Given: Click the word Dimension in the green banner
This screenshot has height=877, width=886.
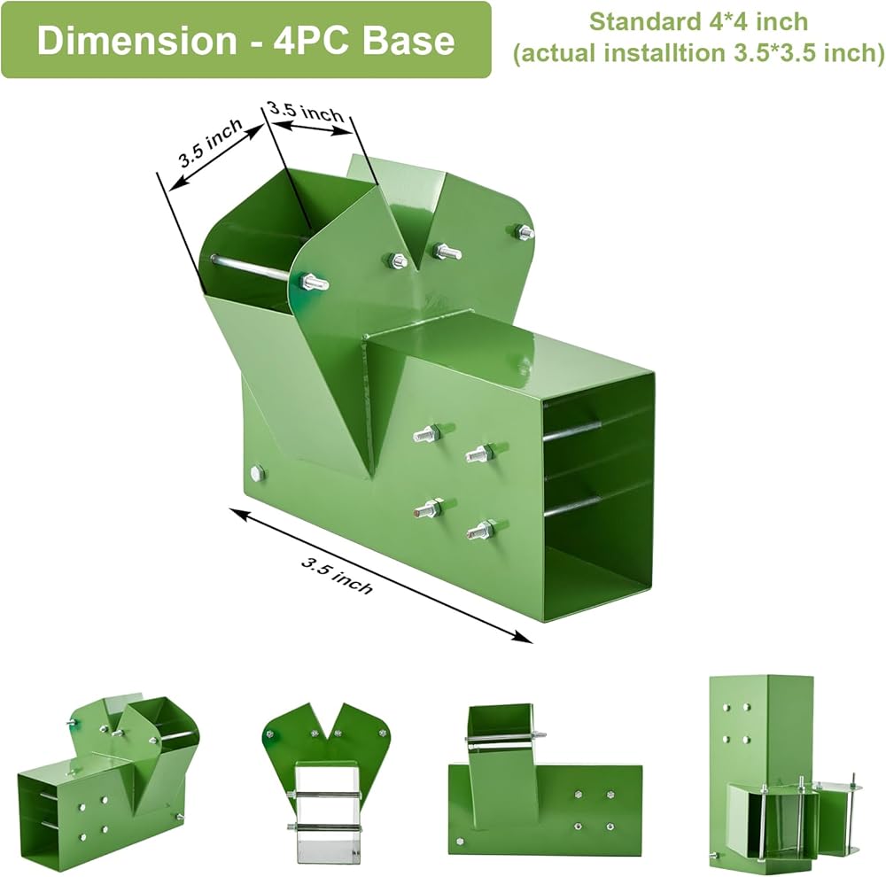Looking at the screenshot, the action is tap(136, 41).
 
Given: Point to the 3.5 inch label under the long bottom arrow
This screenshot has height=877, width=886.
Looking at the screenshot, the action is tap(337, 577).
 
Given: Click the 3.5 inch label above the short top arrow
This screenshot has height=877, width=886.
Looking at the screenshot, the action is tap(307, 110).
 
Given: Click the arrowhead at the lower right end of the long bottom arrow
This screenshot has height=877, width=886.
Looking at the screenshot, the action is tap(524, 637).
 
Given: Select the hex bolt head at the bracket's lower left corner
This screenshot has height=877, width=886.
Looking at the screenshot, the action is tap(258, 473).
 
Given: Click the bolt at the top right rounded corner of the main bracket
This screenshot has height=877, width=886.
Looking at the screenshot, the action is tap(524, 231).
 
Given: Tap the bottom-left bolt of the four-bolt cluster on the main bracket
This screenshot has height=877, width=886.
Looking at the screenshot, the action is tap(431, 508).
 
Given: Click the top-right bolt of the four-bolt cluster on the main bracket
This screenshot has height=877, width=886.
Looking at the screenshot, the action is tap(481, 454).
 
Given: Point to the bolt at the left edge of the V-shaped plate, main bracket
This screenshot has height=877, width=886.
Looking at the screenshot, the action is tap(311, 281).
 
